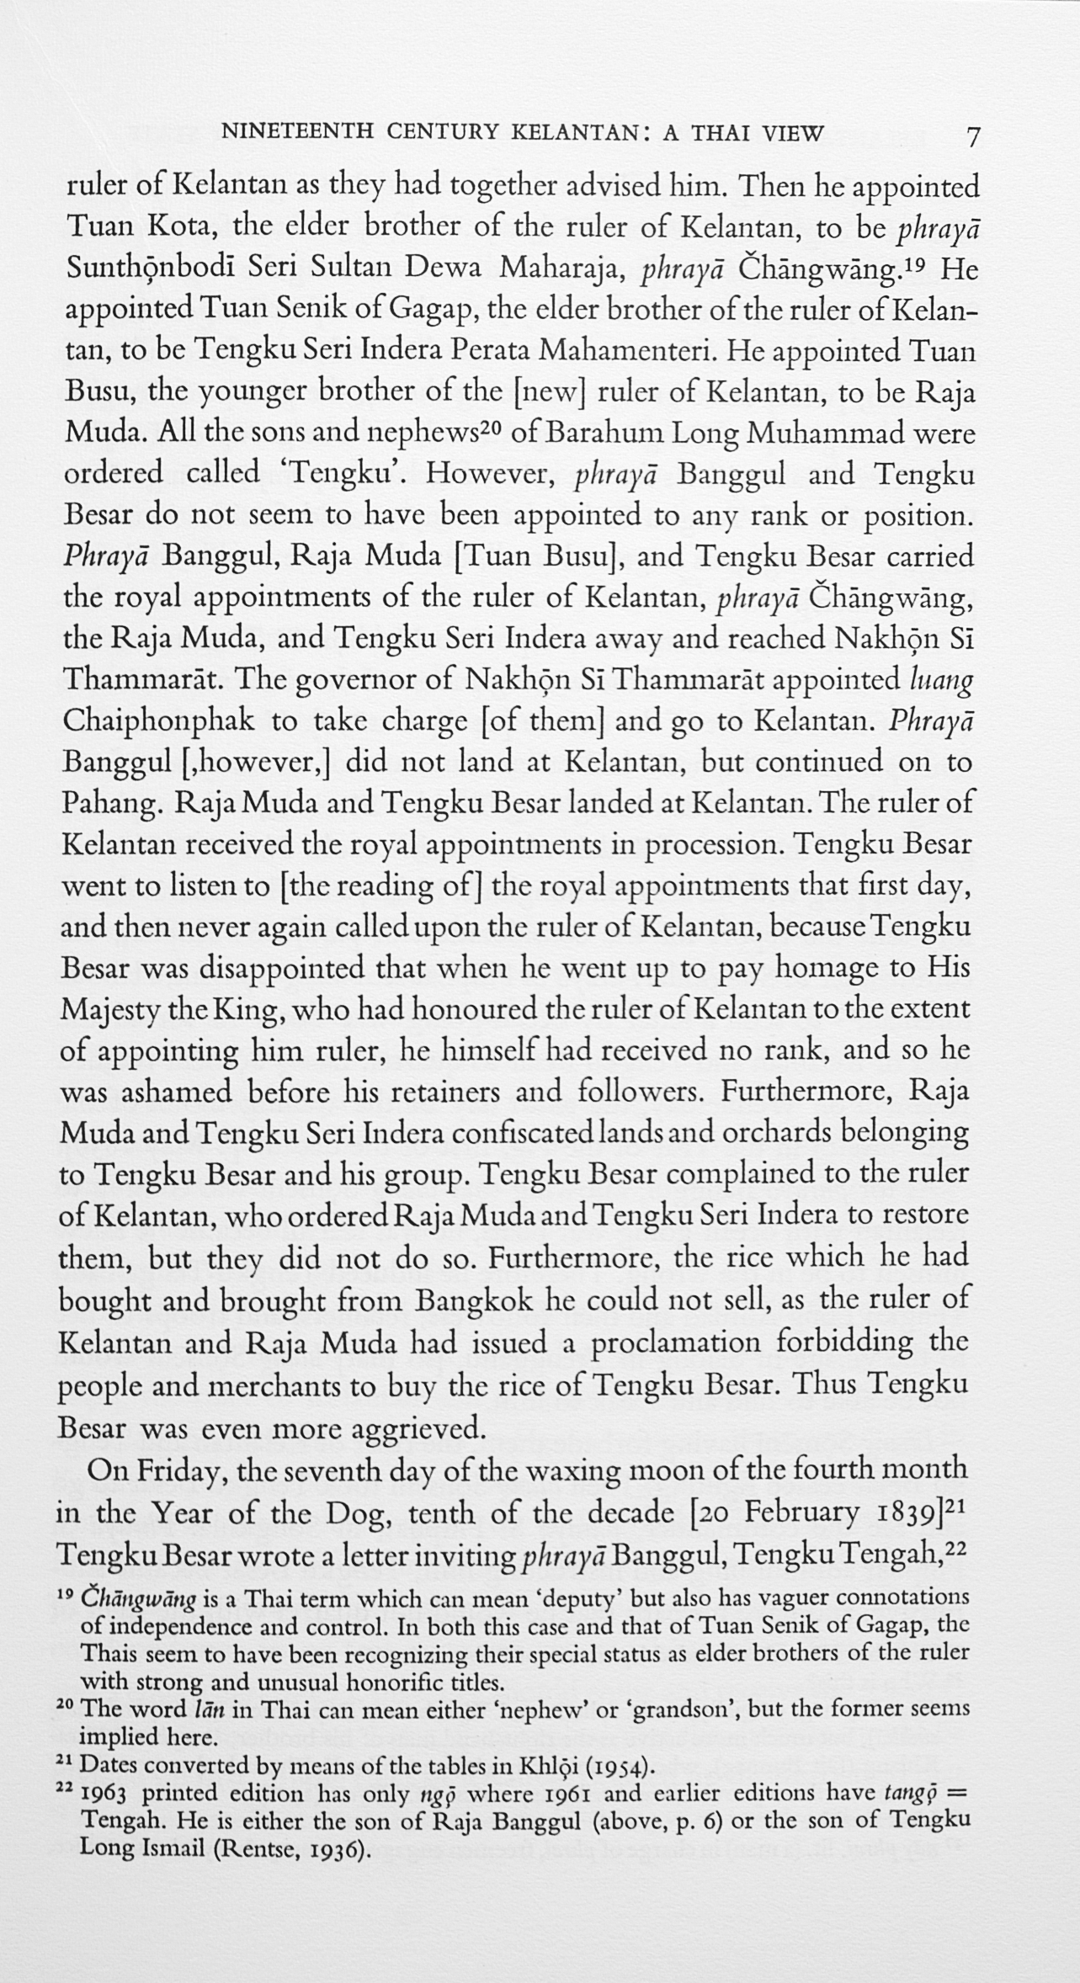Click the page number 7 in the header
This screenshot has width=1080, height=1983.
(x=973, y=136)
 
